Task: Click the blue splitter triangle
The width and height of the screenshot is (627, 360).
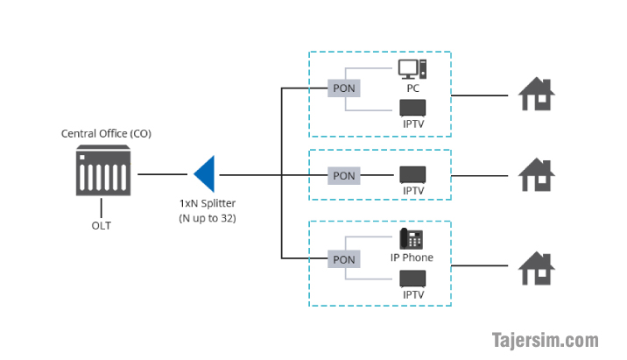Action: click(206, 174)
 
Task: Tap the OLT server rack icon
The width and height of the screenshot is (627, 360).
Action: click(103, 171)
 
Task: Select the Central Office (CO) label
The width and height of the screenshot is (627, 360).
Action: click(106, 134)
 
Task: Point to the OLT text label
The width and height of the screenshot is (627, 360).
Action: click(102, 226)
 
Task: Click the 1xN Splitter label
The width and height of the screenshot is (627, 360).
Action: click(208, 203)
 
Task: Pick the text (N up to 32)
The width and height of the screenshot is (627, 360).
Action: click(208, 218)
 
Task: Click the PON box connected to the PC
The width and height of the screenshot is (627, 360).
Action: click(344, 88)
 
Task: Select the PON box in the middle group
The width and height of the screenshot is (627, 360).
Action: click(344, 175)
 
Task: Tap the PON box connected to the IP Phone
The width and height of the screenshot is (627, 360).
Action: click(344, 259)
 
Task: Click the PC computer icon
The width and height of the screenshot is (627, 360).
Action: click(412, 69)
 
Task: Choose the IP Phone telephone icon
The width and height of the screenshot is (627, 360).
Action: click(411, 238)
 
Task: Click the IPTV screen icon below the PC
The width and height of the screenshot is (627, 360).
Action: click(412, 108)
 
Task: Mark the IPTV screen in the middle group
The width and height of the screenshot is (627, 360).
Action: click(412, 175)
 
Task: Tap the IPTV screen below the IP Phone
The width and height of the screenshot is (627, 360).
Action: click(412, 279)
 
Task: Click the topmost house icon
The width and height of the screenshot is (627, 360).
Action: click(536, 94)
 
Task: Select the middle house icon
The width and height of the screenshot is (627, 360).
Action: click(536, 175)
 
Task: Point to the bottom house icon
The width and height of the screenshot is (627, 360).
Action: click(536, 268)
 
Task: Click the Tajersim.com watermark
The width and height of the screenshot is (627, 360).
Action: click(546, 341)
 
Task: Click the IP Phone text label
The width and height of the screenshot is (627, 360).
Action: click(412, 258)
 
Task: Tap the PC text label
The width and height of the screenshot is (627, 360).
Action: click(413, 88)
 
